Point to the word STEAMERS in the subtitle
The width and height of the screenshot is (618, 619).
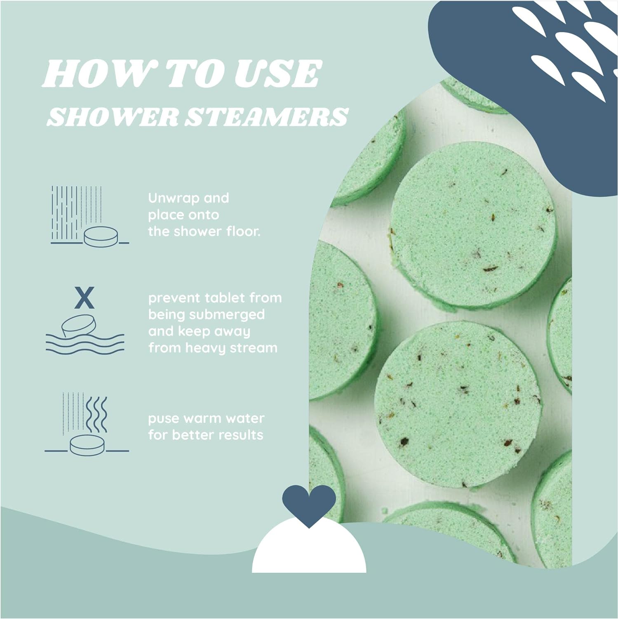coord(266,116)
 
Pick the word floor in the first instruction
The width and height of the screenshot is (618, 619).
coord(243,231)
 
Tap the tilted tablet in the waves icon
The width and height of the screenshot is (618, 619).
coord(79,325)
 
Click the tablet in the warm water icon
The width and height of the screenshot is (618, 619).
coord(87,445)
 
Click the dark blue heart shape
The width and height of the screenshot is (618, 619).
coord(309,503)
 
